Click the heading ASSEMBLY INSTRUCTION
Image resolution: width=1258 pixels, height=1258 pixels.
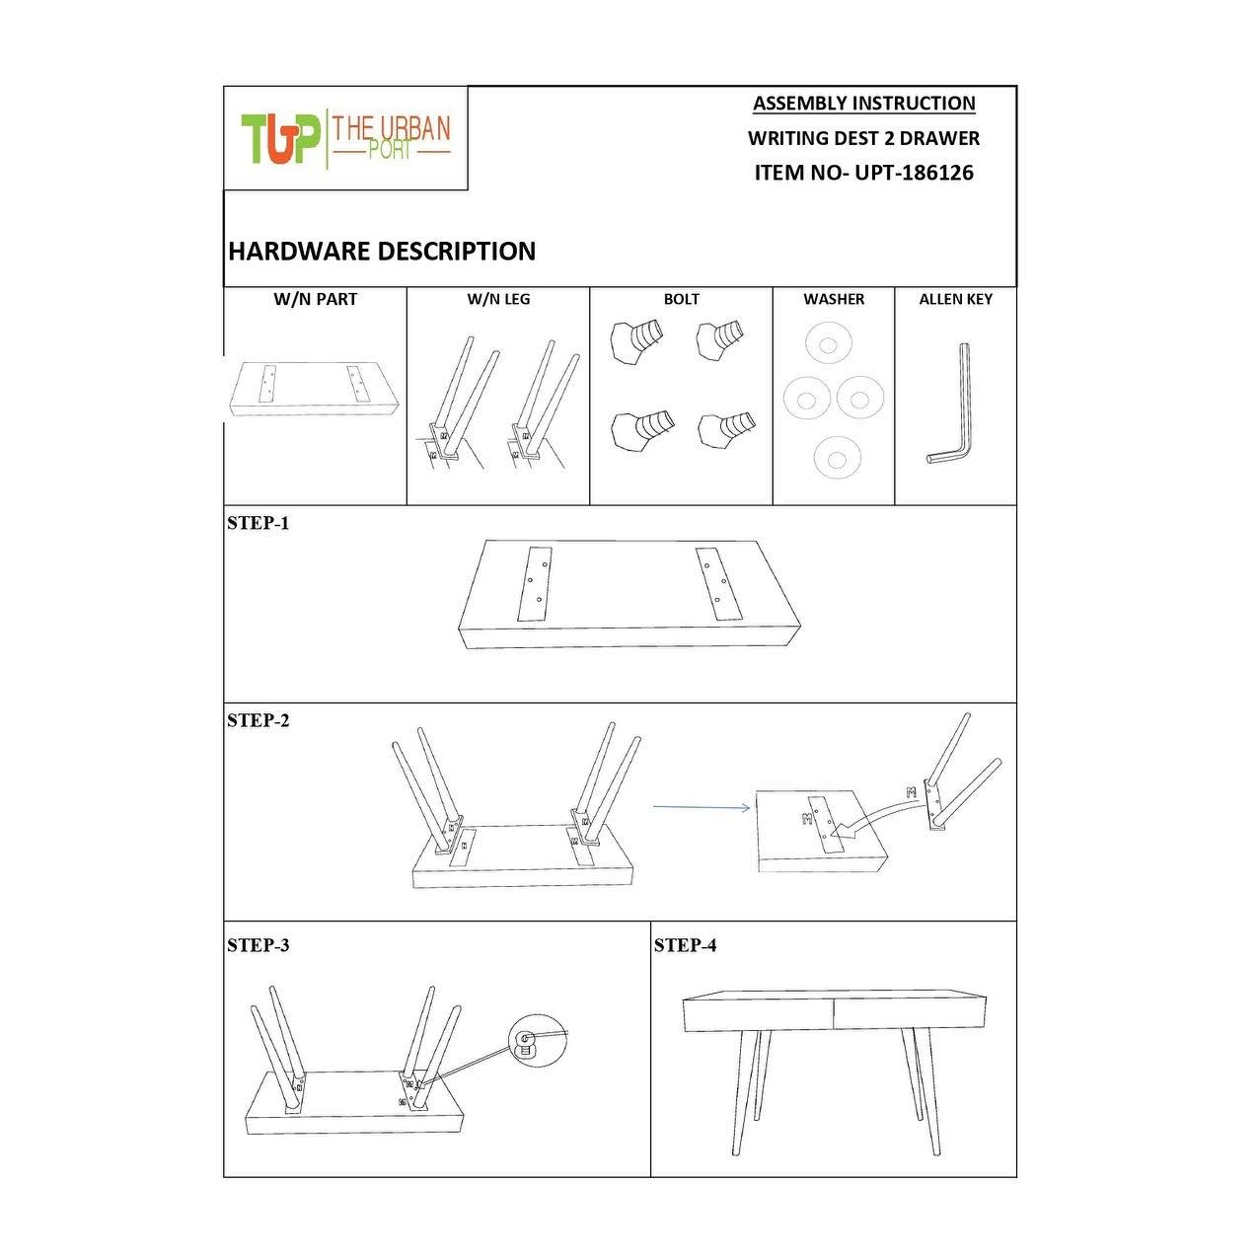[863, 104]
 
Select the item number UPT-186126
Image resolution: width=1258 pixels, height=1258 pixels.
[914, 173]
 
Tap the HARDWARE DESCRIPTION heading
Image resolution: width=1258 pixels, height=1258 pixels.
[382, 252]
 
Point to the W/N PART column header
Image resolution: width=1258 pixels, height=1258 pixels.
[316, 299]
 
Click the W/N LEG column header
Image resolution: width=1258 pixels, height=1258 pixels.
[498, 299]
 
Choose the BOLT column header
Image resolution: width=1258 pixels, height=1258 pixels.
[681, 299]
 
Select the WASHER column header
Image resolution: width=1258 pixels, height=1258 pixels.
[834, 299]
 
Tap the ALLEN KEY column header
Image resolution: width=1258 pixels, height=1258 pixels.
[956, 299]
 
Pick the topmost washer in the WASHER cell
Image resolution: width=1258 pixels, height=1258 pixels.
[828, 344]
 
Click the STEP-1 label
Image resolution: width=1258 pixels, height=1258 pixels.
[258, 523]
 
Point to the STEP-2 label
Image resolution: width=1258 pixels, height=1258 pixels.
[258, 720]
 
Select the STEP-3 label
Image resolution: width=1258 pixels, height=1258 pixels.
[258, 944]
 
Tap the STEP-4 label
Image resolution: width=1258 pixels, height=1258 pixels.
[685, 944]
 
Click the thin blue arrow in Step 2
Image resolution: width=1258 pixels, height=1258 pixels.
[702, 807]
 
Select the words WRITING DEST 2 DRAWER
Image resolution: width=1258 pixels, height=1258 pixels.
[863, 138]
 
